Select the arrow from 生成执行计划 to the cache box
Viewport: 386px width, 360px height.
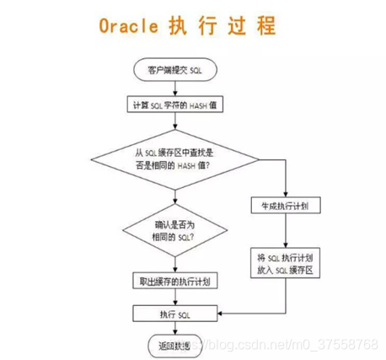[x=286, y=232]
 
